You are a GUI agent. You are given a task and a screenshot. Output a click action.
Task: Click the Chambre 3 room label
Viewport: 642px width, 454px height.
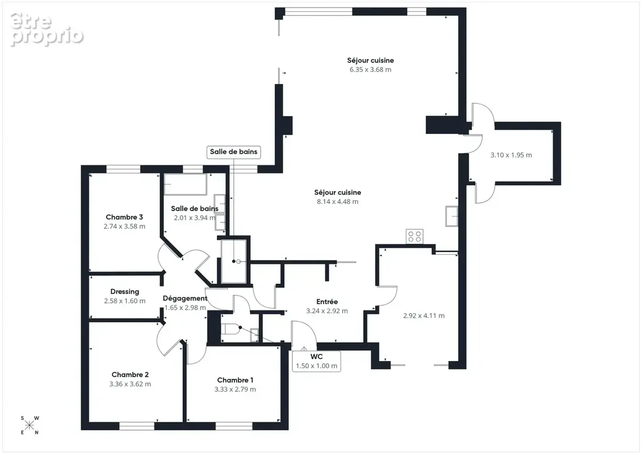click(x=124, y=217)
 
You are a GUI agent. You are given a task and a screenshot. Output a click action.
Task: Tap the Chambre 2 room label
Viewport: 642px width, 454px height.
click(x=130, y=375)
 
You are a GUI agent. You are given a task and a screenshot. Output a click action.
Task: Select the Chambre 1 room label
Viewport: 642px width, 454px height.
click(x=235, y=380)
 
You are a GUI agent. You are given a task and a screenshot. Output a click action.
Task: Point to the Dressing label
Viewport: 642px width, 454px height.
click(x=125, y=292)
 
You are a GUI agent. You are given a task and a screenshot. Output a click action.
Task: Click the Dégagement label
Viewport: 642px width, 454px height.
click(x=185, y=298)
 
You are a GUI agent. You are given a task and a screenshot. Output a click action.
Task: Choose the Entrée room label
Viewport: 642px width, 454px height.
click(x=327, y=302)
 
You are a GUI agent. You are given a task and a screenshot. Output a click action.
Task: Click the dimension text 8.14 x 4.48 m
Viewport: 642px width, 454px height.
click(x=337, y=201)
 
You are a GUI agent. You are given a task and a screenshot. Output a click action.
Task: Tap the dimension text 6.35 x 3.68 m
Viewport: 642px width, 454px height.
click(x=371, y=70)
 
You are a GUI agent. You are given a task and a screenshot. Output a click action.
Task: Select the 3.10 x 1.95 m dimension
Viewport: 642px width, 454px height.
click(x=511, y=155)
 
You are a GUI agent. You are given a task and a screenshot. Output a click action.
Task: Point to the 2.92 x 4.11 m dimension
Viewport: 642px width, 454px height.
click(x=424, y=316)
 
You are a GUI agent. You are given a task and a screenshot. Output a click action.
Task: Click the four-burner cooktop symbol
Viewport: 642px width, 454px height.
click(x=415, y=237)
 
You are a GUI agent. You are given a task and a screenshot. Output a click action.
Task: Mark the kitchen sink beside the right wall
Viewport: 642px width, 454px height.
click(x=452, y=216)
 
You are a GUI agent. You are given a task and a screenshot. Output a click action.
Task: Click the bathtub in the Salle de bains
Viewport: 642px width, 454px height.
click(x=186, y=184)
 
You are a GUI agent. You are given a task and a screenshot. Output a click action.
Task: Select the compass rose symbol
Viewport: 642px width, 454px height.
click(x=30, y=425)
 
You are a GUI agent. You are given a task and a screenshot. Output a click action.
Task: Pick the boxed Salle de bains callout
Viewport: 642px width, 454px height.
click(x=234, y=152)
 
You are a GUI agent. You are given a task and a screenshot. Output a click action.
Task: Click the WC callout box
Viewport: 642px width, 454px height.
click(x=317, y=361)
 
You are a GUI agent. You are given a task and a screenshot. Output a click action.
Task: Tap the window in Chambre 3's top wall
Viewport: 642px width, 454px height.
click(x=123, y=169)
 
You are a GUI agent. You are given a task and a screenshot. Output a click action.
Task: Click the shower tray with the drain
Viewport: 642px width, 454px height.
click(x=234, y=261)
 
